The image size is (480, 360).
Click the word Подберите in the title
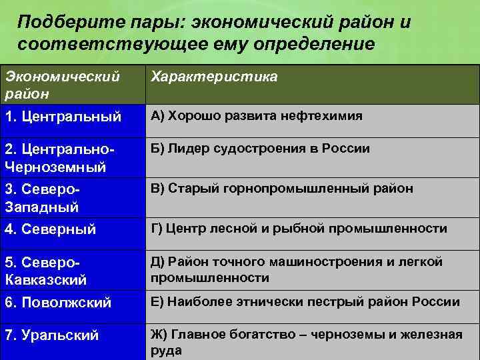click(x=59, y=23)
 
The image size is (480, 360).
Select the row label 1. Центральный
click(x=63, y=117)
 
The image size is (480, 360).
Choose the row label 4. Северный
click(x=51, y=230)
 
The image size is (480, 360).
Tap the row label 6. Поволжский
click(x=58, y=303)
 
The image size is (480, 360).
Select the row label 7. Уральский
click(x=52, y=335)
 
